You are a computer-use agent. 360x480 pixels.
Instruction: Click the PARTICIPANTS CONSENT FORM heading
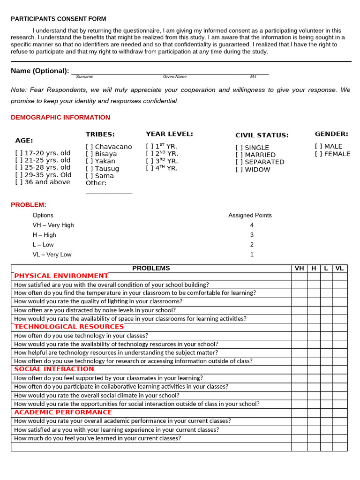59,19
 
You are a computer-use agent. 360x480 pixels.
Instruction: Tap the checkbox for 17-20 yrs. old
19,153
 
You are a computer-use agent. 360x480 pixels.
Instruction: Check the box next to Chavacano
89,147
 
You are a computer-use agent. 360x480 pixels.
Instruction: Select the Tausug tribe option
89,169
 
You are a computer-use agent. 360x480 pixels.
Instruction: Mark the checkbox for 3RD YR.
150,161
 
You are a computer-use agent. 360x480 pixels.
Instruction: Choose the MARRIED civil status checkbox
239,155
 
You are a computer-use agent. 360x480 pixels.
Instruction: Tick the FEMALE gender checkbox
318,154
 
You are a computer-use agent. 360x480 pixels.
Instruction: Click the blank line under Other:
109,193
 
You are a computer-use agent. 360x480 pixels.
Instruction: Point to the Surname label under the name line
84,77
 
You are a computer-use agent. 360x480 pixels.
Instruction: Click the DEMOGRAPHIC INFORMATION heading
60,118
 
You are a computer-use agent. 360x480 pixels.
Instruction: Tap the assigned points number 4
252,225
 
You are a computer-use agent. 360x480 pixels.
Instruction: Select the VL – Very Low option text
52,255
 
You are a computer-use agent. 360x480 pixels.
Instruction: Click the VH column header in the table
299,269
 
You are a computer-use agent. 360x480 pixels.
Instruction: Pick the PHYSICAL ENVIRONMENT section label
61,276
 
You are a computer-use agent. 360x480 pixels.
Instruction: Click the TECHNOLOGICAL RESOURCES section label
69,327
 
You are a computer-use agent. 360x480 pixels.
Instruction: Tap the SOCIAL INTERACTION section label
54,369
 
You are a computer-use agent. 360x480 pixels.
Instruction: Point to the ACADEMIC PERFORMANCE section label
63,412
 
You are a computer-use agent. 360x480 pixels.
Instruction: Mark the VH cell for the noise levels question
299,310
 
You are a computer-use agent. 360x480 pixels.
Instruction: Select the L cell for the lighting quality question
326,301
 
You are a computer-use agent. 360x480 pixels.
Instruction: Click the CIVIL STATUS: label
262,135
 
